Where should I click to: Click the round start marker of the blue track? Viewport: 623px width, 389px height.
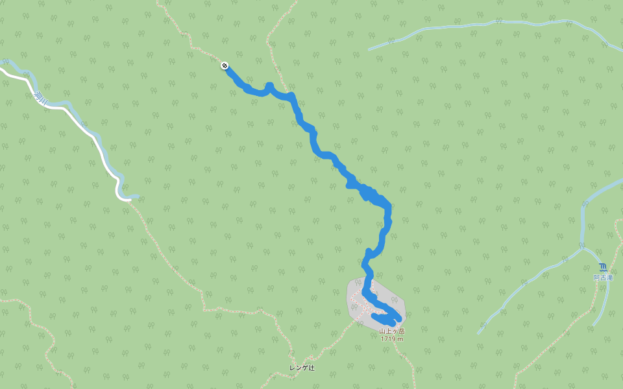[x=225, y=65]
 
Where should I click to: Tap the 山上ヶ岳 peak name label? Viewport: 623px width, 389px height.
[x=392, y=331]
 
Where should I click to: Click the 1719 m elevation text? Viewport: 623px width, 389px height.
[x=392, y=338]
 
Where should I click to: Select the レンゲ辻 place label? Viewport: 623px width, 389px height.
[x=302, y=368]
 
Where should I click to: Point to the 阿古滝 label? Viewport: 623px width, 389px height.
[x=603, y=277]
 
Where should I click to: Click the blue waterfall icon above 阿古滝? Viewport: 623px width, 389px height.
[x=604, y=267]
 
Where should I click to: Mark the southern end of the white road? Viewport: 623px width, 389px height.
[x=129, y=200]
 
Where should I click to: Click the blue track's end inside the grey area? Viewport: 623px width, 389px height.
[x=375, y=316]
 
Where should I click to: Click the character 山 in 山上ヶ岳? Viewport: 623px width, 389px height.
[x=382, y=331]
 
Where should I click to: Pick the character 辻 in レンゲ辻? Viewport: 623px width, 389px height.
[x=311, y=368]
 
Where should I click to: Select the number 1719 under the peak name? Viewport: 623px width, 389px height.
[x=388, y=338]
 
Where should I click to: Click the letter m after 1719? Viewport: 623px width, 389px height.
[x=400, y=338]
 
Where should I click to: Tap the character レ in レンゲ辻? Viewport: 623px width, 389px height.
[x=292, y=368]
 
